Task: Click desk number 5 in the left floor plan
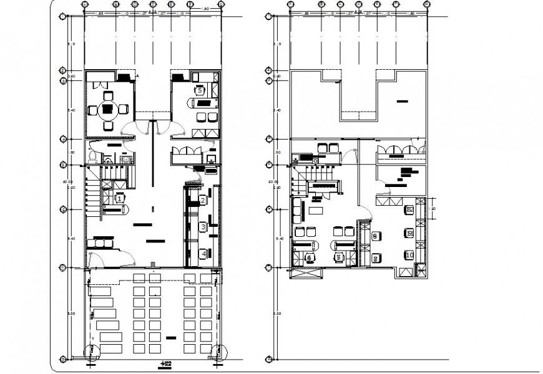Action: coord(200,90)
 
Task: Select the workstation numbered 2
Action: coord(203,200)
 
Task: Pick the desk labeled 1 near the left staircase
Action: coord(119,198)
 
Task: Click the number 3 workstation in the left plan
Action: coord(203,227)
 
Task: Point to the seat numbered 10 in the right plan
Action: coord(409,255)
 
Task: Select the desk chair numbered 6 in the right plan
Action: coord(310,257)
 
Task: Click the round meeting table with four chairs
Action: coord(109,111)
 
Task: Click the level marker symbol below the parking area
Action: coord(165,363)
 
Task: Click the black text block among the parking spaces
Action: coord(171,337)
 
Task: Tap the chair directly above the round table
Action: coord(109,97)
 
